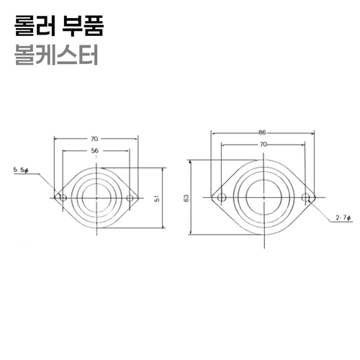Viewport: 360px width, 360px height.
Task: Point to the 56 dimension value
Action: point(95,150)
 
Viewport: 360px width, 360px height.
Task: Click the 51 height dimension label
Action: point(156,198)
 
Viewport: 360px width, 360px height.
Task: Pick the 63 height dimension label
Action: point(186,198)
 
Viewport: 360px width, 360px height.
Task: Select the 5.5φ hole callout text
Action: point(21,170)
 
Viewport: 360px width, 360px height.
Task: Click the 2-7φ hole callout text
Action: point(342,217)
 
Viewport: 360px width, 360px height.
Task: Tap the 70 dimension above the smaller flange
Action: point(95,138)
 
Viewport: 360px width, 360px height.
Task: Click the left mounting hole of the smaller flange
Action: point(61,197)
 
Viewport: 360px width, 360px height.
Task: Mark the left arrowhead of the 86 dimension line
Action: point(212,133)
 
